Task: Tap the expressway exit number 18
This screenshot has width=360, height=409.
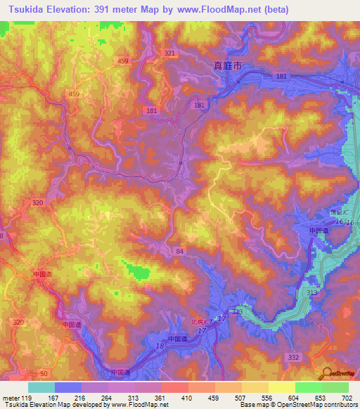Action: pyautogui.click(x=160, y=346)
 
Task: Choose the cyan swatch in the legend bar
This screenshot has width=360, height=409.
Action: pyautogui.click(x=41, y=387)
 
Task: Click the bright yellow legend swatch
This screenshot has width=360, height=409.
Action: pyautogui.click(x=281, y=387)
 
